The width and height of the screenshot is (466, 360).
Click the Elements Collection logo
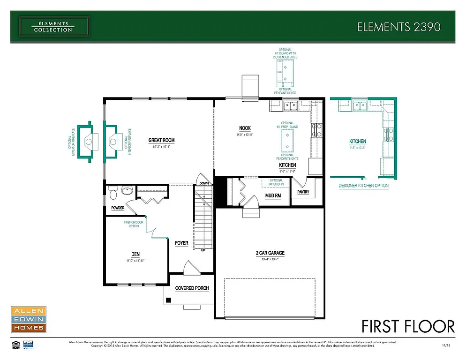click(x=54, y=26)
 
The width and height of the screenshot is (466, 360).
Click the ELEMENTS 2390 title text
click(x=398, y=27)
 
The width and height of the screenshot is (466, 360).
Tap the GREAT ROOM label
click(x=161, y=140)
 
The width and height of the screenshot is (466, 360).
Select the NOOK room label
click(x=245, y=128)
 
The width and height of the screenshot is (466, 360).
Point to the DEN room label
click(x=135, y=254)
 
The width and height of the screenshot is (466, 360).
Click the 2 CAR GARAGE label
click(x=270, y=253)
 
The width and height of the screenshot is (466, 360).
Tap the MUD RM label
click(x=273, y=195)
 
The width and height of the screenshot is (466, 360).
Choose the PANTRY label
click(x=303, y=192)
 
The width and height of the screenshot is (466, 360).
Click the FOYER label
click(x=181, y=243)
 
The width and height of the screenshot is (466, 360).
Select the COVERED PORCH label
click(x=192, y=288)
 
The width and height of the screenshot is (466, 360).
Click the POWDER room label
click(x=118, y=208)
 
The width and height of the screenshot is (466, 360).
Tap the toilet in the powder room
click(x=113, y=192)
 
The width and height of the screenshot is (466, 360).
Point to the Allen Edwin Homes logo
click(x=28, y=320)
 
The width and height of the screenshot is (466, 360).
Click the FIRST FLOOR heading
click(x=408, y=326)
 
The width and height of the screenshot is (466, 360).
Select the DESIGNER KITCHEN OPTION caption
click(x=363, y=186)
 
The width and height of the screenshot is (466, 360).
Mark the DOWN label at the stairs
click(x=204, y=183)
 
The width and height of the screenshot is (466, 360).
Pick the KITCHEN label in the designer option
click(x=357, y=141)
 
